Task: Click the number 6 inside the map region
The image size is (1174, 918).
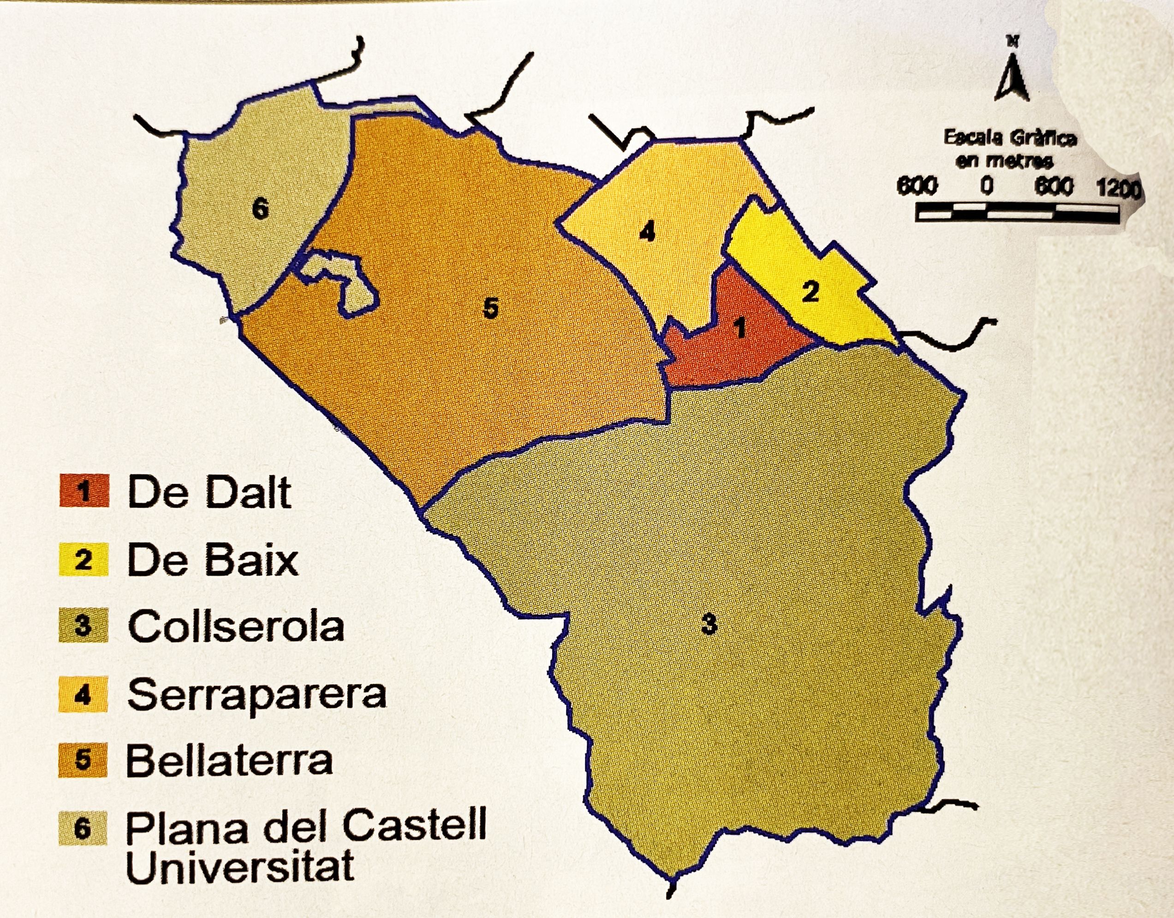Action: pos(260,209)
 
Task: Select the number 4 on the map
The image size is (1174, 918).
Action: pos(647,232)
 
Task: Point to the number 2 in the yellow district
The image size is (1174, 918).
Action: pos(810,292)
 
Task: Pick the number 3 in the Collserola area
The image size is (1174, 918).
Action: pos(709,625)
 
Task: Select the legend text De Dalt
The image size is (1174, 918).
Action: pos(209,492)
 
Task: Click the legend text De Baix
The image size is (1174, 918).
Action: pos(212,560)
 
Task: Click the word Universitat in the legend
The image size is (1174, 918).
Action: pos(240,866)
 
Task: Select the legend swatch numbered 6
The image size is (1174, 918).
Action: pos(83,828)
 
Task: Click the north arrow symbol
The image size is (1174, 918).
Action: pos(1012,75)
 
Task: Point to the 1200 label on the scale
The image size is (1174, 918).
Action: pos(1119,189)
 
